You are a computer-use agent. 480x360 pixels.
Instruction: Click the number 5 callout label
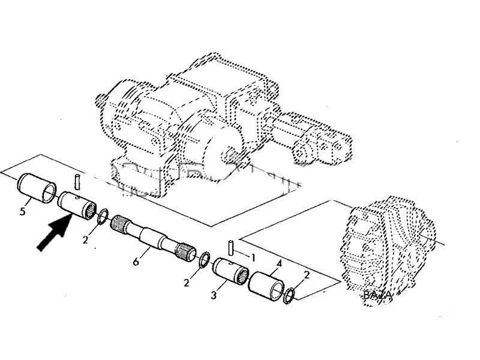pos(22,211)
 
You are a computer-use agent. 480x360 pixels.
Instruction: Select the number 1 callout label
pos(253,258)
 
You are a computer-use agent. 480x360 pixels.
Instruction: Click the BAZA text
pos(377,295)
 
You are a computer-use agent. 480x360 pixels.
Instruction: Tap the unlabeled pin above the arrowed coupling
pos(77,180)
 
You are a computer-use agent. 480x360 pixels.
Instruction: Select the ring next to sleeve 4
pos(289,295)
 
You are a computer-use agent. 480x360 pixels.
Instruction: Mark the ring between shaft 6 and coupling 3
pos(205,258)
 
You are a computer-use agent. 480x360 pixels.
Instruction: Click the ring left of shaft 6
pos(103,215)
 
